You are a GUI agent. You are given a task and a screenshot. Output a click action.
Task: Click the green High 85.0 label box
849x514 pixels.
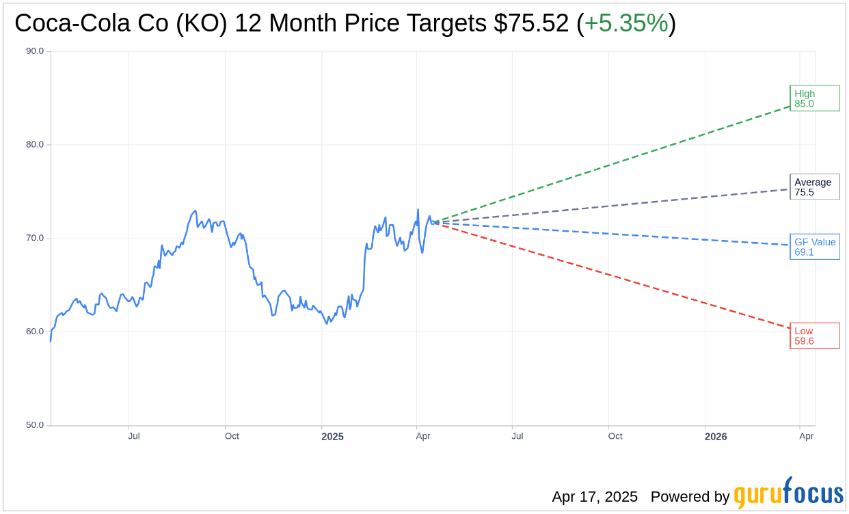[x=814, y=98]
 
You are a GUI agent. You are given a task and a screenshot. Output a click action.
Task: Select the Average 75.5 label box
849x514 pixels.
[x=814, y=187]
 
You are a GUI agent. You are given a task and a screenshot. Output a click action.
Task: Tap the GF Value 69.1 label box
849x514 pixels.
[x=814, y=247]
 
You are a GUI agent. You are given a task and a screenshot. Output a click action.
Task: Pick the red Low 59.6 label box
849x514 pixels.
[x=814, y=336]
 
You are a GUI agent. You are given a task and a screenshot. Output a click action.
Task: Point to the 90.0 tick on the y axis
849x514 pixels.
[x=35, y=51]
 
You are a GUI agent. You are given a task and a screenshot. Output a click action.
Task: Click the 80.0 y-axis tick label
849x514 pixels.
[x=35, y=145]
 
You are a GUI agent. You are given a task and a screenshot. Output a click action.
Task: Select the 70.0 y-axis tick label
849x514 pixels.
[x=35, y=239]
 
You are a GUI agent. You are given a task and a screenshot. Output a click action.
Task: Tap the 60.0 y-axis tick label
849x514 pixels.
[x=35, y=332]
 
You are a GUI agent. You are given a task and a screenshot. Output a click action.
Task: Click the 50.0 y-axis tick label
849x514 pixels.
[x=35, y=425]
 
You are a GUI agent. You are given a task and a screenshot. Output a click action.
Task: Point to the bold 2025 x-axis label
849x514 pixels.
[x=332, y=437]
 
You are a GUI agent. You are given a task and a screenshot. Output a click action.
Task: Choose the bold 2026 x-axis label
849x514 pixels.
[x=716, y=437]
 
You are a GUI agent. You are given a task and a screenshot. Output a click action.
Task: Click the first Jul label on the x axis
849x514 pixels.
[x=134, y=436]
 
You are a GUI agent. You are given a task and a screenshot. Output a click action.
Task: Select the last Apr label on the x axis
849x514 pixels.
[x=807, y=436]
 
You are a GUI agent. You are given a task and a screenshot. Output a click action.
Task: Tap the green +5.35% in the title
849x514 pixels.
[x=626, y=24]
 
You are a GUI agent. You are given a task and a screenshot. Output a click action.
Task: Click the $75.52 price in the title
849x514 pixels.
[x=532, y=24]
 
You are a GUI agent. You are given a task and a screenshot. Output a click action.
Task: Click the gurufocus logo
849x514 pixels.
[x=788, y=493]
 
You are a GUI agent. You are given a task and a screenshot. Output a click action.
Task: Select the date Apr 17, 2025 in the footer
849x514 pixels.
[x=595, y=497]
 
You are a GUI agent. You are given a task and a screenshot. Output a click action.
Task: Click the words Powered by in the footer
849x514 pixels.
[x=690, y=497]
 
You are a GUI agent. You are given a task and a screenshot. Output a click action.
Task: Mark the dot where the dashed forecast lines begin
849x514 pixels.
[x=435, y=222]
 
